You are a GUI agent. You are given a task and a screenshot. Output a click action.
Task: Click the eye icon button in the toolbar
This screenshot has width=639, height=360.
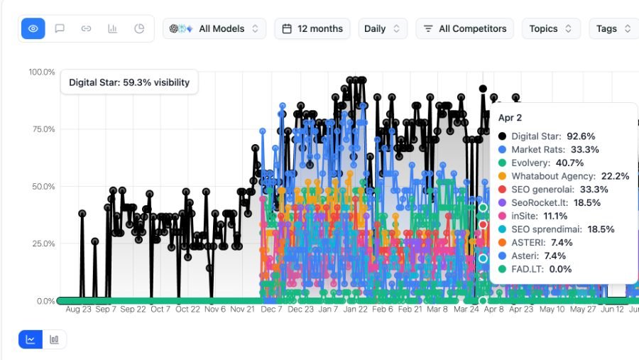tap(33, 28)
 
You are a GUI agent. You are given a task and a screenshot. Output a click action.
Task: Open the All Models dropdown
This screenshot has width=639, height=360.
tap(214, 28)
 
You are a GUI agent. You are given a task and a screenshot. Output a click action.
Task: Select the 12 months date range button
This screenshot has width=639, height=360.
tap(312, 28)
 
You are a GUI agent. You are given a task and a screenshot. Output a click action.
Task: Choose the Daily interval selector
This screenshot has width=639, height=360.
tap(382, 28)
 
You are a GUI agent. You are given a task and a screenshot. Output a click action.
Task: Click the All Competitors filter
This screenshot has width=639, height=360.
tap(464, 28)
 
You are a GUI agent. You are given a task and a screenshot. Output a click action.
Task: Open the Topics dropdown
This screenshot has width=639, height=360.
tap(551, 28)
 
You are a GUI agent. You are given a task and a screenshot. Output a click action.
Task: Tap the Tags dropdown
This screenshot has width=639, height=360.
tap(613, 28)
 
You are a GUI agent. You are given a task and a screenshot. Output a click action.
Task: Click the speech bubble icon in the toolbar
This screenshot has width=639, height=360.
tap(60, 28)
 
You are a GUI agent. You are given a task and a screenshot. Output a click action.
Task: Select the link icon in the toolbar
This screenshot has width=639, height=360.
tap(86, 28)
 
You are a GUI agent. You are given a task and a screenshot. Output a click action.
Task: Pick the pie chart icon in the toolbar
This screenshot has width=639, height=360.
tap(139, 28)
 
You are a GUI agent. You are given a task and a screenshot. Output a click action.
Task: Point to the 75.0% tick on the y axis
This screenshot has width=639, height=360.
tap(43, 129)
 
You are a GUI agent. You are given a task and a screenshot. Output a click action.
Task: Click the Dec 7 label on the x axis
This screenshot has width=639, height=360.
tap(271, 310)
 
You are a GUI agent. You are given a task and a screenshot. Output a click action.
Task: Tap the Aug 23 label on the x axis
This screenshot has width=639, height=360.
tap(78, 310)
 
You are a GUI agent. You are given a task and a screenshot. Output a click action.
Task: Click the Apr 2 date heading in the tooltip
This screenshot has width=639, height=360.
tap(510, 118)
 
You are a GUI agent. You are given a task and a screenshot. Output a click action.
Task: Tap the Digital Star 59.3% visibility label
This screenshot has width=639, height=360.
tap(129, 82)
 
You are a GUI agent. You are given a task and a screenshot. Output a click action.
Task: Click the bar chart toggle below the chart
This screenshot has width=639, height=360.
tap(54, 339)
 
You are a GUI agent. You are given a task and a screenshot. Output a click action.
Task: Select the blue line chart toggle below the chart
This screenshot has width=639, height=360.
tap(31, 339)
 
